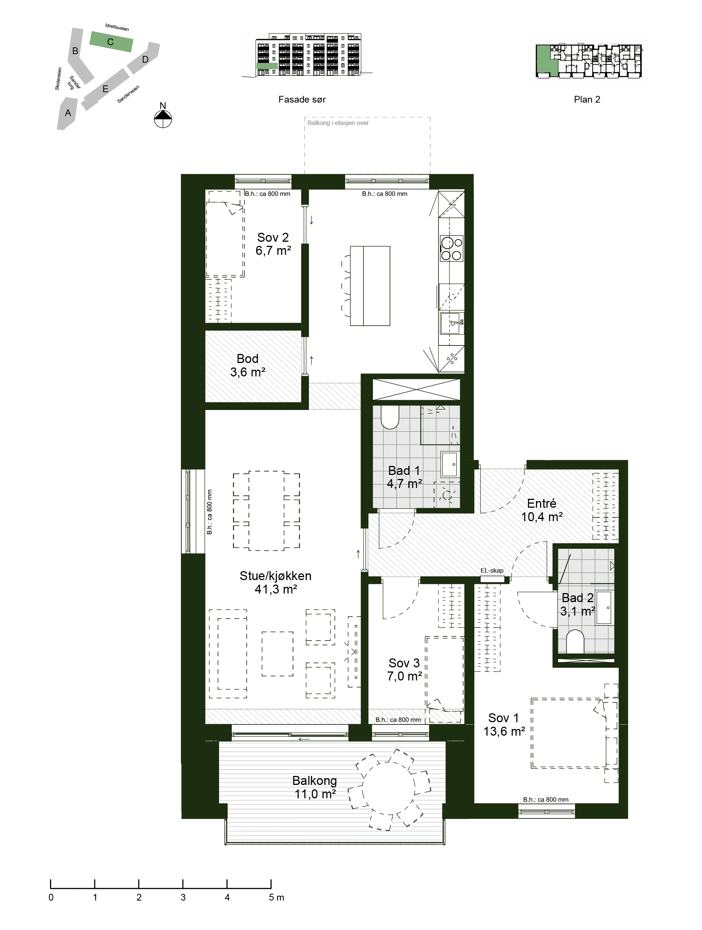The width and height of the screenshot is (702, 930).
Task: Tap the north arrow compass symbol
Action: [163, 119]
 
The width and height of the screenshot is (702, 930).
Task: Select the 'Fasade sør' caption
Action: [302, 100]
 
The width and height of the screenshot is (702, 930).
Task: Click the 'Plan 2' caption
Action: [587, 100]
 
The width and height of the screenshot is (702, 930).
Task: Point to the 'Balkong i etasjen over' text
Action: [338, 123]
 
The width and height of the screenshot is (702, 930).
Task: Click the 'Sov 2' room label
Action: [273, 238]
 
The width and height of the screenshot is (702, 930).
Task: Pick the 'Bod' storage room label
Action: [247, 358]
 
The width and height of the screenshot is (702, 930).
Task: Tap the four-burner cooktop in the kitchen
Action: [451, 248]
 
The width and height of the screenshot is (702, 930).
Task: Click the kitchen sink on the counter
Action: [451, 323]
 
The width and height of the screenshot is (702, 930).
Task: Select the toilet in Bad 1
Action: [390, 417]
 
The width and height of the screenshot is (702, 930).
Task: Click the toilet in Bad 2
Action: [575, 642]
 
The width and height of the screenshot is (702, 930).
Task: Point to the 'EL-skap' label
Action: [492, 570]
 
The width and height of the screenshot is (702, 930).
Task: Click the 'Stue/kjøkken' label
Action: [275, 576]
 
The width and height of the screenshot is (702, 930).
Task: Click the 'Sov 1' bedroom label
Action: [503, 718]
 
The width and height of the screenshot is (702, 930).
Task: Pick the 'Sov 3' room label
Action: [404, 663]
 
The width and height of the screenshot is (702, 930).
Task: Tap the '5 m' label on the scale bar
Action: [276, 897]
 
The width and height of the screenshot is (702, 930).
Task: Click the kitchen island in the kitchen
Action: [370, 286]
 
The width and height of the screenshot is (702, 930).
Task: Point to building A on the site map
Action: [67, 113]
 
